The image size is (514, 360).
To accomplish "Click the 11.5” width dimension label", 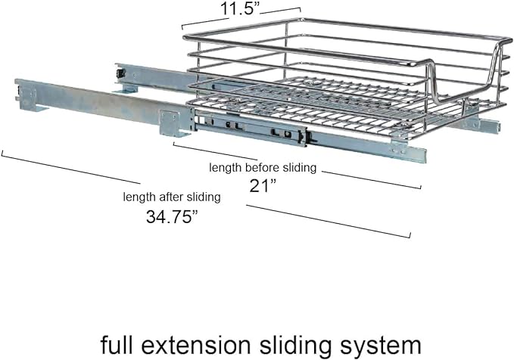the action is [240, 9].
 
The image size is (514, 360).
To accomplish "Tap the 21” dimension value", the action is [263, 186].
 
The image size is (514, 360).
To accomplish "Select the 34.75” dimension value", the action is [173, 216].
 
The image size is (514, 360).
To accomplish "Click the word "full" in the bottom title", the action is [116, 344].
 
